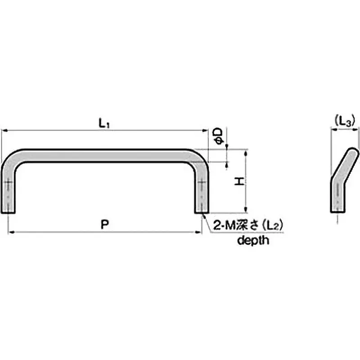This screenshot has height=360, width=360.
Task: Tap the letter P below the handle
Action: point(104,225)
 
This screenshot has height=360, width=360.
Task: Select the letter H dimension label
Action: point(239,181)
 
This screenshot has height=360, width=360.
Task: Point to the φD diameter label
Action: point(218,136)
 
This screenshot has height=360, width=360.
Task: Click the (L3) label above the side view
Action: point(345,121)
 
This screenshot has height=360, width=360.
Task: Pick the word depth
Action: point(253,240)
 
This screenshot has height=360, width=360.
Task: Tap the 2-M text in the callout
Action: point(223,227)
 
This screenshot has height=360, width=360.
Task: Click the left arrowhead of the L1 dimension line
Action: point(4,130)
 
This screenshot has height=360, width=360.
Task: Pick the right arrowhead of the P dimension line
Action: point(198,232)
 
